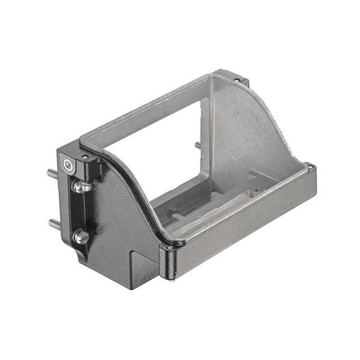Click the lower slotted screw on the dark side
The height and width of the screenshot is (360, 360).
point(80,236)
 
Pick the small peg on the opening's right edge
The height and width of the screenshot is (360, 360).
point(197,145)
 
